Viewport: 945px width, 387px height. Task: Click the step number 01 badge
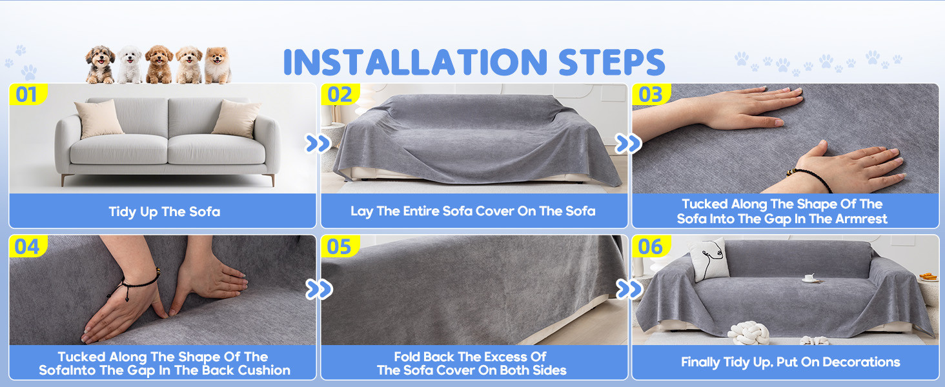point(28,94)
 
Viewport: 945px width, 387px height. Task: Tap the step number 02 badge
point(340,94)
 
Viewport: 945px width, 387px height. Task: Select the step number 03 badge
point(651,94)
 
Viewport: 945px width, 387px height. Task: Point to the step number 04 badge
point(28,246)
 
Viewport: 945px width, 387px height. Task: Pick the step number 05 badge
point(340,246)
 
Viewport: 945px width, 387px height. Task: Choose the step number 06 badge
point(651,246)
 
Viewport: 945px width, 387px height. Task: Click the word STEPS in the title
point(612,62)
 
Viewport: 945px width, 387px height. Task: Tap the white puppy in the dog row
point(130,64)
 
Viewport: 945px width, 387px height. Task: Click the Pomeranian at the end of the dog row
point(218,65)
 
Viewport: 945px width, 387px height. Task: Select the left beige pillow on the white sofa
point(99,119)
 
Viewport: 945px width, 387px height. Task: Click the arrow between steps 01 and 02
point(318,143)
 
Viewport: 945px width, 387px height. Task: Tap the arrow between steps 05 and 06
point(629,289)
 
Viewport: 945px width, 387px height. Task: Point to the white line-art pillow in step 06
point(709,259)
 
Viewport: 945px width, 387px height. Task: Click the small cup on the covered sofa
point(809,278)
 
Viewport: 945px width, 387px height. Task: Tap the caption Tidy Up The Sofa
point(165,212)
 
